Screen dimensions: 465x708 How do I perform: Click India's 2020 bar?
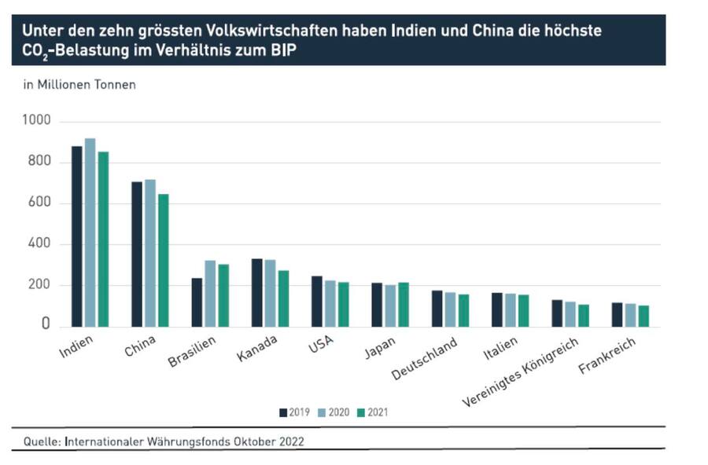coord(90,233)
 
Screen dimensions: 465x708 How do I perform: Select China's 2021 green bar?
coord(163,260)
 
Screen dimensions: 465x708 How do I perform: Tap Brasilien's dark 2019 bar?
coord(197,302)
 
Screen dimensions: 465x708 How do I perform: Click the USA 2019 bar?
coord(316,301)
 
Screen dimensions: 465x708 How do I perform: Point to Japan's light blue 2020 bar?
coord(390,306)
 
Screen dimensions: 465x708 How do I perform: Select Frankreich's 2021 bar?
coord(643,316)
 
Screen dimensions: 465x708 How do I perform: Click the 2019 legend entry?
coord(295,412)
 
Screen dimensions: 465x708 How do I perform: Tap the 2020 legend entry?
coord(334,412)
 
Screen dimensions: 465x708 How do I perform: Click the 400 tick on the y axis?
coord(39,244)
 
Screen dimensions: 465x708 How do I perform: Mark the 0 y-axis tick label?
coord(46,324)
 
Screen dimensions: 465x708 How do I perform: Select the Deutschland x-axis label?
coord(425,358)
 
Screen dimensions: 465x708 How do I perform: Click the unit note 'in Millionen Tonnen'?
coord(79,85)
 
